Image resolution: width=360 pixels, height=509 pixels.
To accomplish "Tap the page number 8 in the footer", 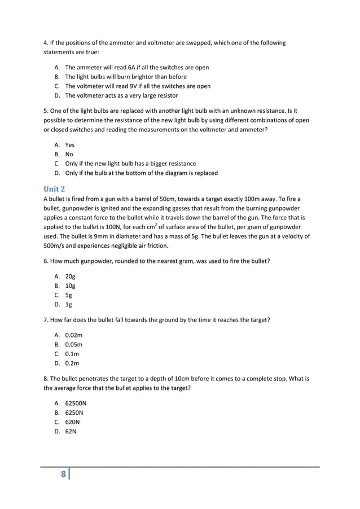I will [64, 474].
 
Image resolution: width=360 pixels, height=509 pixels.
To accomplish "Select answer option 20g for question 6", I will [70, 277].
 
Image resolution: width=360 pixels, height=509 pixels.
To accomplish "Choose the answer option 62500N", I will [76, 404].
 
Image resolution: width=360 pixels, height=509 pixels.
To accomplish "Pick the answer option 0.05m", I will [74, 344].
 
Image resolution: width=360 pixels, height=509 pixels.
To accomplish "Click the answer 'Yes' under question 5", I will [70, 145].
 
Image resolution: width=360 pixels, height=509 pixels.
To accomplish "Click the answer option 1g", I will [68, 305].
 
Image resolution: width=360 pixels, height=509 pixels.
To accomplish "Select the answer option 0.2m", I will [72, 363].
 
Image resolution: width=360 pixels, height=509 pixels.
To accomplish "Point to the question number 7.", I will [46, 320].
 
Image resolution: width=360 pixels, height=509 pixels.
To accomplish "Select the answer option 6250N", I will [74, 413].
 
